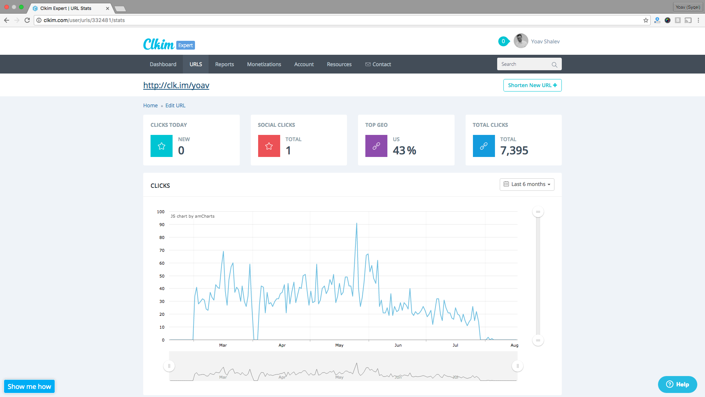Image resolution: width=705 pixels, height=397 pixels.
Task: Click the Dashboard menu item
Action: [x=163, y=64]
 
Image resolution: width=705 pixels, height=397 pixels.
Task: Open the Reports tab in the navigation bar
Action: [x=224, y=64]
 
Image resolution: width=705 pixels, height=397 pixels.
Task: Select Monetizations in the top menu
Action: [x=264, y=64]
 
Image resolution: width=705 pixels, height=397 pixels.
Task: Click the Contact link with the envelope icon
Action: [x=378, y=64]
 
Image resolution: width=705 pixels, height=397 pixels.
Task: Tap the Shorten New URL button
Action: [x=532, y=85]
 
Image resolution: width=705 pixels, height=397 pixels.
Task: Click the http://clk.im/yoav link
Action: [x=176, y=85]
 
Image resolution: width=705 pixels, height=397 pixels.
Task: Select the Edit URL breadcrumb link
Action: [x=175, y=105]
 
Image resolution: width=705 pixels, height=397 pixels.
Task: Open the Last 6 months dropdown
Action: [x=527, y=184]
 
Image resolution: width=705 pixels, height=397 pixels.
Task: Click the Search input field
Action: [x=525, y=64]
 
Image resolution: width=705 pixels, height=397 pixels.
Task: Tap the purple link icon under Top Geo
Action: [x=376, y=146]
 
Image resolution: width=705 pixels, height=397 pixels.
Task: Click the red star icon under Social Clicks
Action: [x=269, y=146]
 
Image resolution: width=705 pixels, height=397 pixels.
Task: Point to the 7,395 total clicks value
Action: [x=514, y=150]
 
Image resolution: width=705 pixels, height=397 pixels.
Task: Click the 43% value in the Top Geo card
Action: [x=404, y=150]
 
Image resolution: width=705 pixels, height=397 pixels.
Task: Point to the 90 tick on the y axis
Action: [x=162, y=225]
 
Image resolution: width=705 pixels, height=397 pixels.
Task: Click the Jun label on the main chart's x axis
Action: [x=398, y=345]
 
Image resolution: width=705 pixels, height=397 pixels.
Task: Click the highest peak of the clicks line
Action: [x=357, y=223]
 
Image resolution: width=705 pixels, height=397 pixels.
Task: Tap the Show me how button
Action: [x=29, y=386]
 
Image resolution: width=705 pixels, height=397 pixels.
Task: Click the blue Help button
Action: [x=677, y=385]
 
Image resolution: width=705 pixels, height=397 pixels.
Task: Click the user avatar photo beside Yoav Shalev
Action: [x=521, y=41]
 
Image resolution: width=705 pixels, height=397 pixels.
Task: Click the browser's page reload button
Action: [x=27, y=20]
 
